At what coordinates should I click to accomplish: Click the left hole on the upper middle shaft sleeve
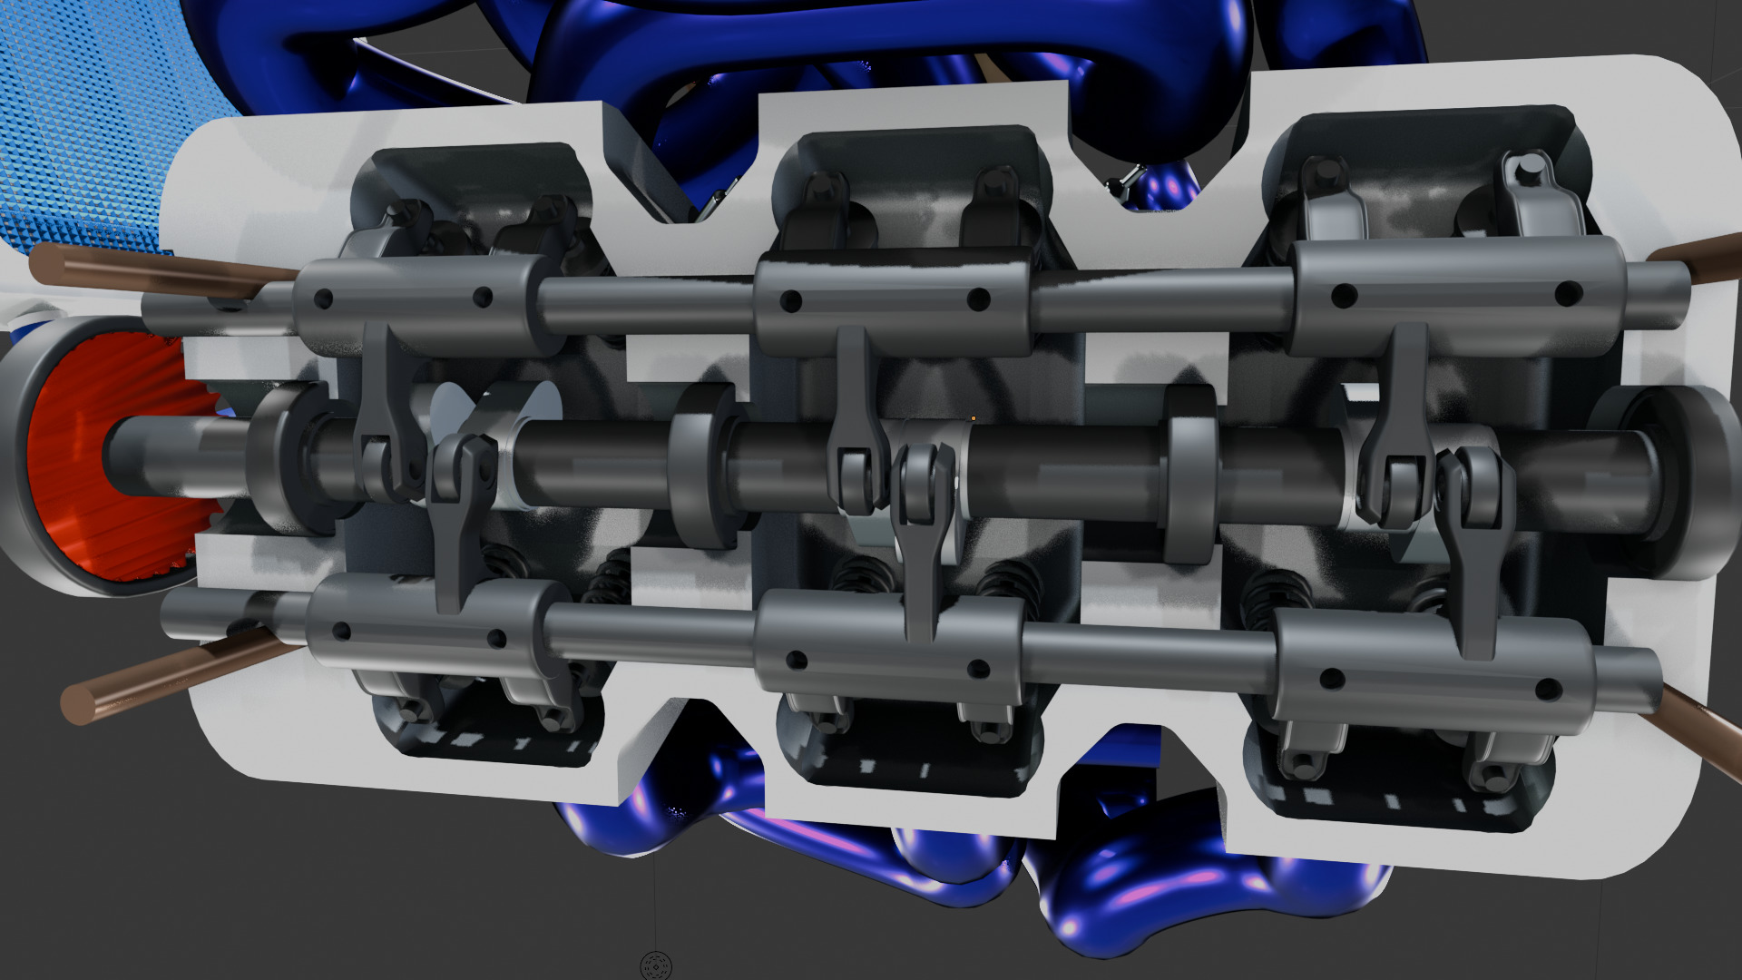791,300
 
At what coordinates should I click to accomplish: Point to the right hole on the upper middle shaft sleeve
978,299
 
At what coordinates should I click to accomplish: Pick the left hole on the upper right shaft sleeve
1344,296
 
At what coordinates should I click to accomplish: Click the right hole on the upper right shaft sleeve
1568,294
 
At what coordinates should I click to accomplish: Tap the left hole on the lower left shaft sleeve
342,632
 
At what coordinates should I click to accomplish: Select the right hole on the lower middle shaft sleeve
978,670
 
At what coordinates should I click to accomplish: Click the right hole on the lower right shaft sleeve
1548,691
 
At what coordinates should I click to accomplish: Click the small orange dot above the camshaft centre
974,418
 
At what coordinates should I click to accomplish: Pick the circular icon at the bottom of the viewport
655,965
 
